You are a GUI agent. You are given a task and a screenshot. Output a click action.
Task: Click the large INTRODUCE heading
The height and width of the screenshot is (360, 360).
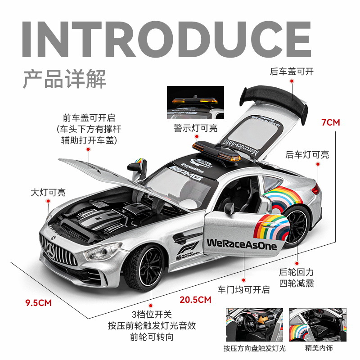[x=166, y=39]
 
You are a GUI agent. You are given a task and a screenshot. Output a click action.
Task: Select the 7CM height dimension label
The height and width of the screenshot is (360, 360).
[x=331, y=122]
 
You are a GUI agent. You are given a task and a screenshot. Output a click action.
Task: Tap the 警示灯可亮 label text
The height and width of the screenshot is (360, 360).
[x=195, y=128]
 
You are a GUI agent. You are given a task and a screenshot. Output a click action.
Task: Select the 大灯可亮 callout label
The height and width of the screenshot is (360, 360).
[x=48, y=193]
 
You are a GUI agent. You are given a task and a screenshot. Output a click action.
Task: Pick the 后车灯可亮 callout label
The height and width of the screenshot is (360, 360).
[x=307, y=155]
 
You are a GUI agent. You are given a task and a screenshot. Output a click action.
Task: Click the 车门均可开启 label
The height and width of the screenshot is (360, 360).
[x=243, y=289]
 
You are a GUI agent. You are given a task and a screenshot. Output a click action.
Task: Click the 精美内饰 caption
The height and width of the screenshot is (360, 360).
[x=311, y=348]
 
